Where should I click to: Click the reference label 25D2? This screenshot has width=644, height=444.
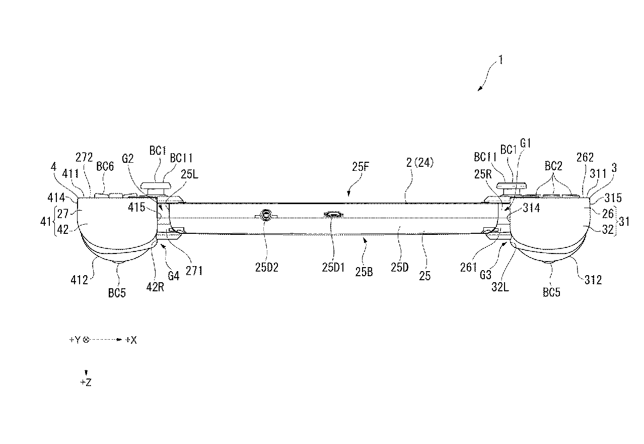tap(267, 268)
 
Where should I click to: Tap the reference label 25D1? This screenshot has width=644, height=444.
tap(333, 268)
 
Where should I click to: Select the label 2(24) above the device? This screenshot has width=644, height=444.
tap(420, 163)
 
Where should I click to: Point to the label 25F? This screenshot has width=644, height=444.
tap(361, 167)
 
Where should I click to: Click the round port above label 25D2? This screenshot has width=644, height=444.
tap(266, 215)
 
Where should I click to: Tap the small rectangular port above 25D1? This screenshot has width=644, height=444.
tap(333, 214)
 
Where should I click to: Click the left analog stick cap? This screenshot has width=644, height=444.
tap(156, 185)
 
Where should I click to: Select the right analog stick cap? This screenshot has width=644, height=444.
tap(512, 185)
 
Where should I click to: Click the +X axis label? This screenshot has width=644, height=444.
tap(131, 340)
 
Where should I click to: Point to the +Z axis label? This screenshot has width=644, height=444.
tap(86, 383)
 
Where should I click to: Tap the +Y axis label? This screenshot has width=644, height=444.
tap(75, 340)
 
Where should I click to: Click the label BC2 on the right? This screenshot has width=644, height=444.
tap(553, 166)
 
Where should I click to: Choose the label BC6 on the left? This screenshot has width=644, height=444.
tap(105, 166)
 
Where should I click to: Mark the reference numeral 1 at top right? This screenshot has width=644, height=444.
tap(501, 60)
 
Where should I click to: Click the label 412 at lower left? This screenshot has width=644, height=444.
tap(80, 280)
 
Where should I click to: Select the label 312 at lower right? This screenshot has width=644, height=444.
tap(593, 280)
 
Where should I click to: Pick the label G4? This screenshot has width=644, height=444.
tap(173, 276)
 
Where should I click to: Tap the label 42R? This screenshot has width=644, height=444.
tap(155, 287)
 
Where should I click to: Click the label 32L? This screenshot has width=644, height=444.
tap(500, 287)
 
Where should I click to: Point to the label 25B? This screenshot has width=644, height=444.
tap(364, 272)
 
